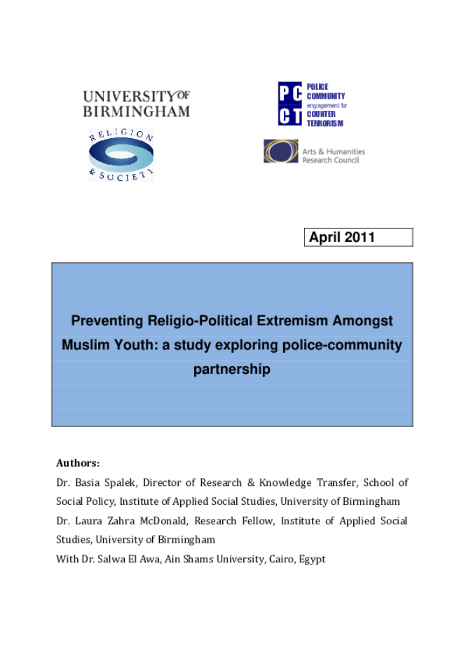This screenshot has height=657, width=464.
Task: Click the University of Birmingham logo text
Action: (136, 103)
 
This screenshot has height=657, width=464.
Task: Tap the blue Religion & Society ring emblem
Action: (121, 156)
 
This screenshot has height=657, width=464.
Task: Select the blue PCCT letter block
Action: (289, 104)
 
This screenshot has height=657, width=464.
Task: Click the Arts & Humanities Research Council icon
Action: (280, 151)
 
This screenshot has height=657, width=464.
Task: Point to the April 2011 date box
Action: (358, 238)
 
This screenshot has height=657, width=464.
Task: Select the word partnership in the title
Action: (231, 370)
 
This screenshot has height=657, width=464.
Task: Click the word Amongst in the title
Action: (362, 321)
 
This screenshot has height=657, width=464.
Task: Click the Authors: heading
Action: (78, 463)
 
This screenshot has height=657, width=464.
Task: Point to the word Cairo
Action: (278, 560)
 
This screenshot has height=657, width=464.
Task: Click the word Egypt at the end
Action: (312, 560)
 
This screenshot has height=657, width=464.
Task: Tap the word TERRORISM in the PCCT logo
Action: (325, 123)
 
